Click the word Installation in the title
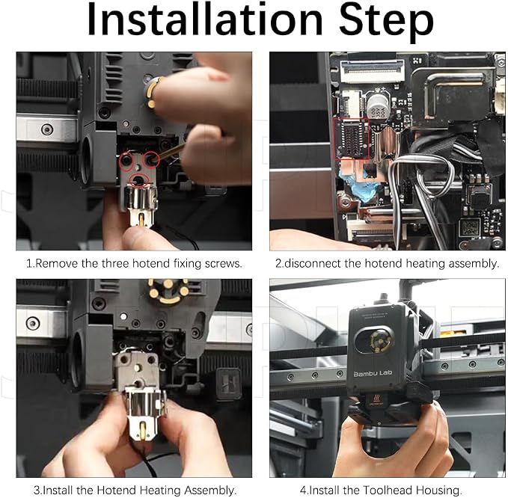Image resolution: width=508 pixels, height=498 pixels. [x=206, y=20]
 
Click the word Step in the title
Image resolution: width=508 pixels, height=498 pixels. [x=386, y=22]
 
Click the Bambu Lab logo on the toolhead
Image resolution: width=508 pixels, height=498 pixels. [x=373, y=374]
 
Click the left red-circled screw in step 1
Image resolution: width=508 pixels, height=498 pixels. [x=126, y=160]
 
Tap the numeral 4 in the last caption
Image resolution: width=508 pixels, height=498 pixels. [x=303, y=491]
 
